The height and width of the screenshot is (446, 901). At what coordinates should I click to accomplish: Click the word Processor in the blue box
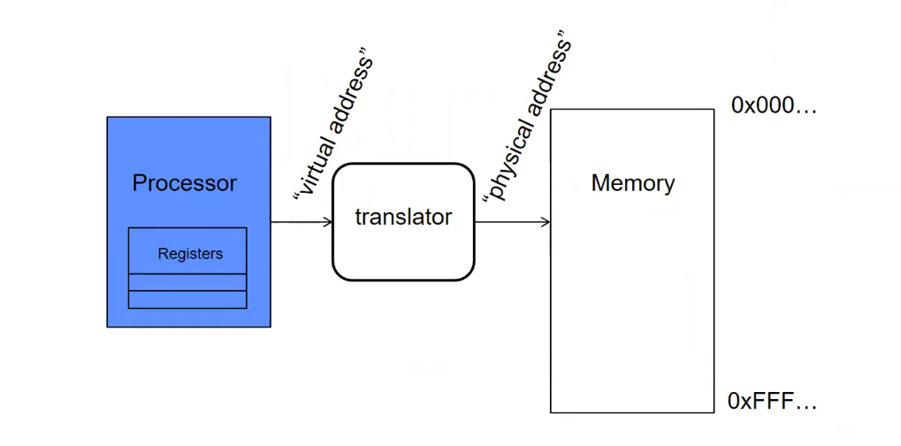[185, 183]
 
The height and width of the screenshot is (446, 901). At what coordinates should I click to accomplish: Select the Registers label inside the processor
[190, 254]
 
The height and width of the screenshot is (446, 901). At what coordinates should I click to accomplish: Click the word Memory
[632, 183]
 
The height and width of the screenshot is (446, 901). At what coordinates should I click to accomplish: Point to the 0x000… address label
[774, 106]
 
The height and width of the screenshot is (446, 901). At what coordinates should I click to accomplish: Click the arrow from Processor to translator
[301, 221]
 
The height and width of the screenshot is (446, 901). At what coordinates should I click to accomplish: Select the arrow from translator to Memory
[513, 221]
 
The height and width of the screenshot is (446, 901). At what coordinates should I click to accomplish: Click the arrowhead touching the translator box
[328, 221]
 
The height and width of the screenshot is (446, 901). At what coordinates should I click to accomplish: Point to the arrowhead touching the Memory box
[546, 221]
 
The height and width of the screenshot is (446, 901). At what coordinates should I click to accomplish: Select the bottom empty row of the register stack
[187, 299]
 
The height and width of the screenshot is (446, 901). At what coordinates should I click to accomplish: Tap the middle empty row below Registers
[187, 282]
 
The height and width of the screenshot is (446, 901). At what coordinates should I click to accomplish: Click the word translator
[403, 217]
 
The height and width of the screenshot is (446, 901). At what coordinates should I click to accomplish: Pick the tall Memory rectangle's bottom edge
[631, 412]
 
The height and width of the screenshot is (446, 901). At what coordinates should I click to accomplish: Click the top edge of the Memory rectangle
[631, 109]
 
